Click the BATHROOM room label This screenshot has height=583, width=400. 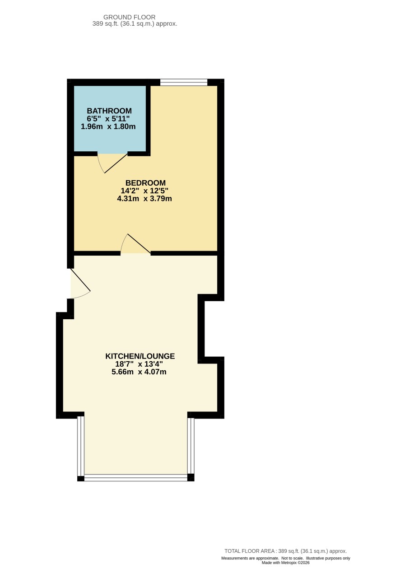coord(109,111)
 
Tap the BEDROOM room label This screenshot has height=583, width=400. coord(145,183)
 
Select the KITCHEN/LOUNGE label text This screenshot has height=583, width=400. coord(140,356)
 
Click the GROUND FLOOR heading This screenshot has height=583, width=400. coord(129,17)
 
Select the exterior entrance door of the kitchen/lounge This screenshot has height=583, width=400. coord(80,283)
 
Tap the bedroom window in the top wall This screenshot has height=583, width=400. coord(184,82)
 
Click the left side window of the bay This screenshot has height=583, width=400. coord(81,446)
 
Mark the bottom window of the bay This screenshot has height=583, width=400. coord(136,477)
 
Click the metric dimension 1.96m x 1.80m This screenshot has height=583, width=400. coord(108,127)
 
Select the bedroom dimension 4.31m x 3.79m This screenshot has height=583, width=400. coord(144,199)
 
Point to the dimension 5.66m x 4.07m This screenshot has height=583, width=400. coord(139,372)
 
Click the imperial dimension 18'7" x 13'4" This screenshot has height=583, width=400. coord(139,364)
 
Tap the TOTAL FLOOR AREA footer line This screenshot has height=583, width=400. coord(285,551)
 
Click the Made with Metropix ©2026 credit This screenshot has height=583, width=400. coord(285,563)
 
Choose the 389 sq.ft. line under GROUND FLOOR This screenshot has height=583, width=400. coord(135,23)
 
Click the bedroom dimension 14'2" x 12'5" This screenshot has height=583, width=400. coord(144,191)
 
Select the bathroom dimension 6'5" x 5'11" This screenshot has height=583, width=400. coord(108,119)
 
